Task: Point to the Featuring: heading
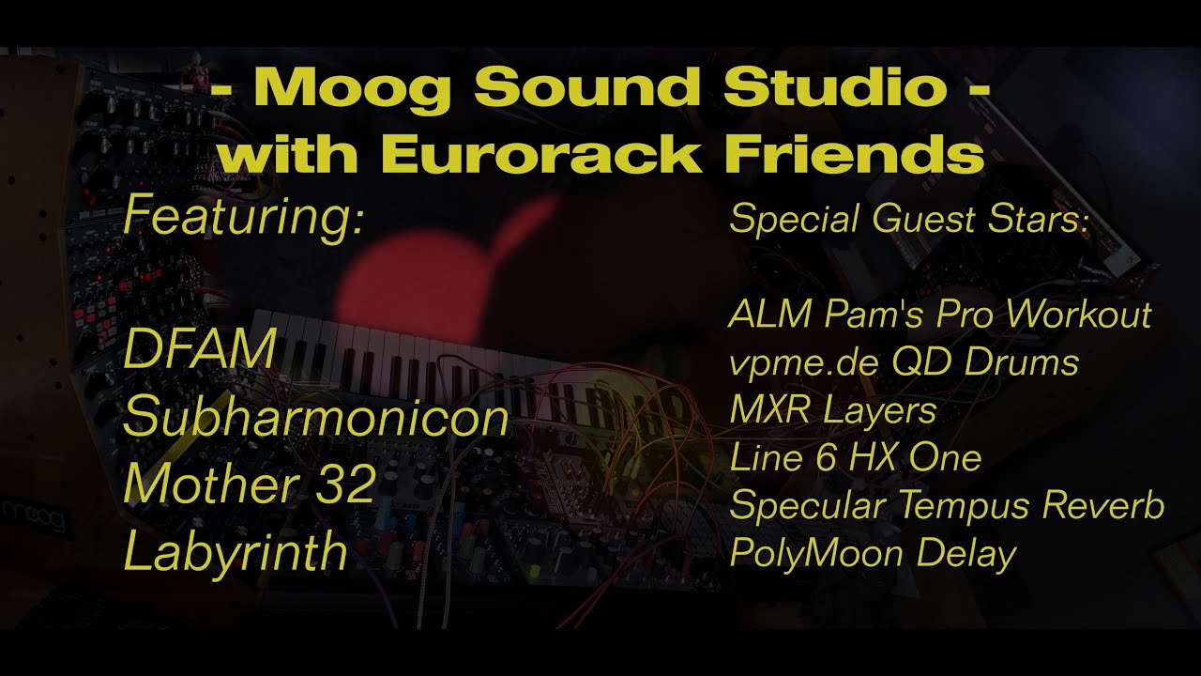click(243, 216)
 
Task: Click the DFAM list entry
click(200, 350)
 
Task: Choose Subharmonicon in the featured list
click(315, 417)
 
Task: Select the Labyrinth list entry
click(236, 552)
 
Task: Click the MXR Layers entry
click(833, 410)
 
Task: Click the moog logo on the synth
click(36, 515)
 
